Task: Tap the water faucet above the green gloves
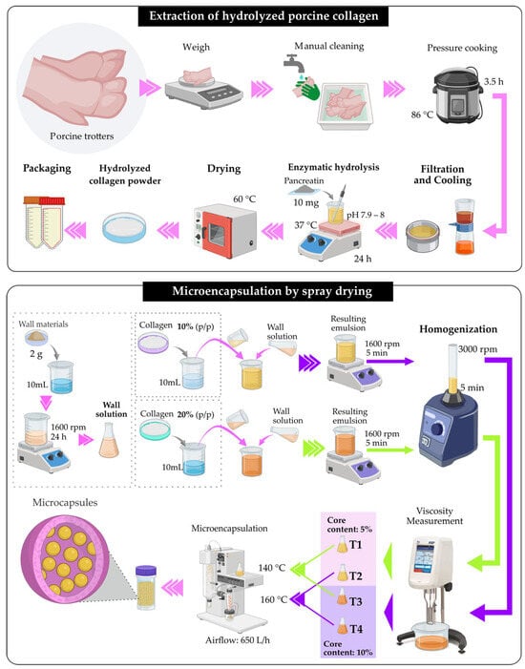point(295,63)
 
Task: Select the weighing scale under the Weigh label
point(203,91)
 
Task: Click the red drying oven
point(225,230)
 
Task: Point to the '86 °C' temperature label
point(422,115)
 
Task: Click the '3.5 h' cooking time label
point(493,81)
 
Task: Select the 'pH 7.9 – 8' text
point(366,215)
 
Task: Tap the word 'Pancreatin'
point(304,180)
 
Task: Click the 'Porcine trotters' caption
point(82,136)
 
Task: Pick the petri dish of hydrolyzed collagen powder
point(124,227)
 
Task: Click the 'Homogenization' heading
point(458,329)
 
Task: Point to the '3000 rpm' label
point(477,349)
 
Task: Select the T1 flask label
point(355,545)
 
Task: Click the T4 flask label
point(356,629)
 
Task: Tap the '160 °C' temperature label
point(274,599)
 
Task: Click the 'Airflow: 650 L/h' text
point(238,640)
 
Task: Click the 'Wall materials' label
point(43,324)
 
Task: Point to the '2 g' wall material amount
point(36,354)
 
